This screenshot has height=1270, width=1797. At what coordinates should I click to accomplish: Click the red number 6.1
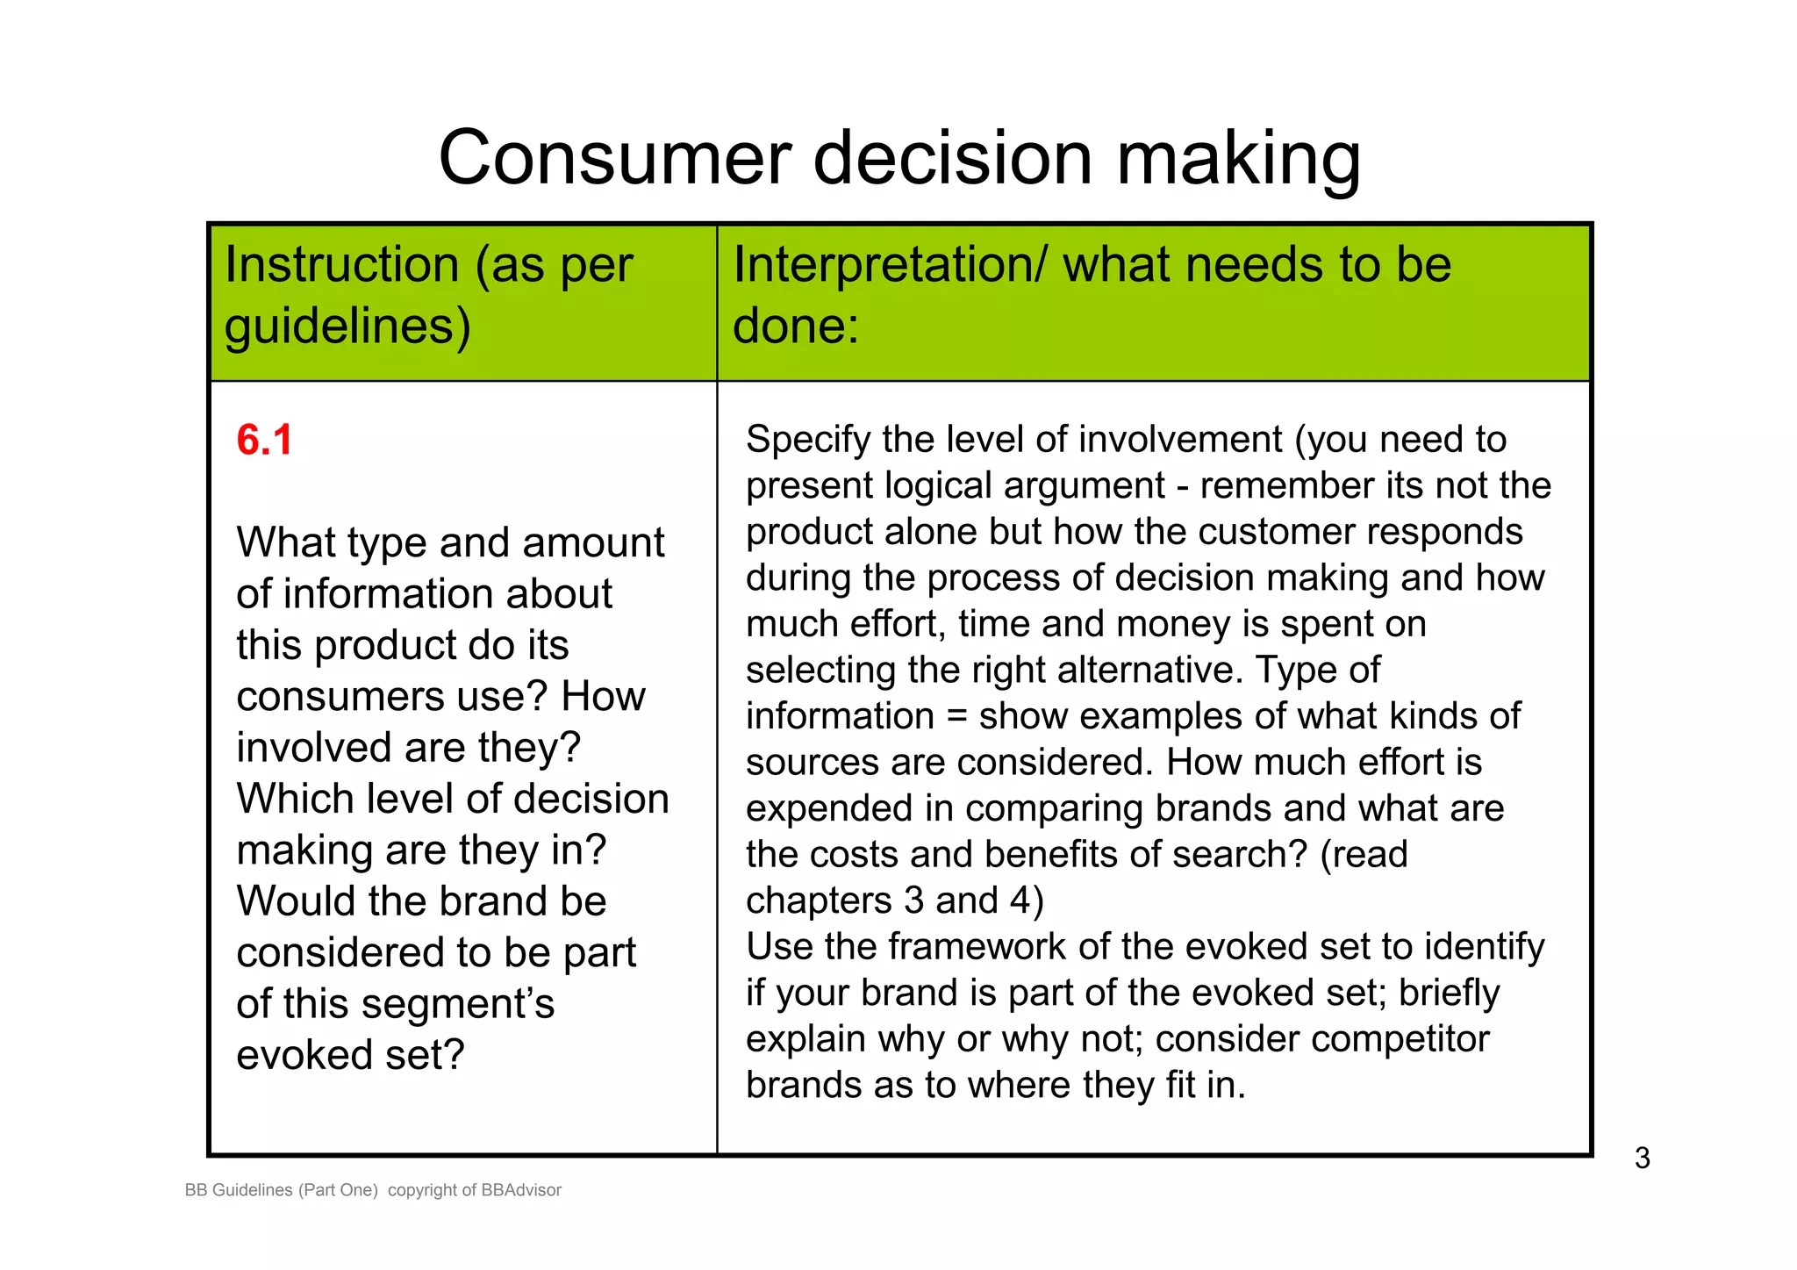pyautogui.click(x=264, y=441)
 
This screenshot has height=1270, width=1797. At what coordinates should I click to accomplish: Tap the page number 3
pyautogui.click(x=1642, y=1159)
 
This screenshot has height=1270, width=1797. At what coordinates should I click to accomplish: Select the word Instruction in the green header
pyautogui.click(x=341, y=265)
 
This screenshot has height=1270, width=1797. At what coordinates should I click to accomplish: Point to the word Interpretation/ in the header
pyautogui.click(x=889, y=265)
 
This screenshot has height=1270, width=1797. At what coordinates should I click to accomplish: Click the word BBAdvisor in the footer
pyautogui.click(x=521, y=1190)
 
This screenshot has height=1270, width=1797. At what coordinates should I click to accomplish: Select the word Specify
pyautogui.click(x=808, y=441)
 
